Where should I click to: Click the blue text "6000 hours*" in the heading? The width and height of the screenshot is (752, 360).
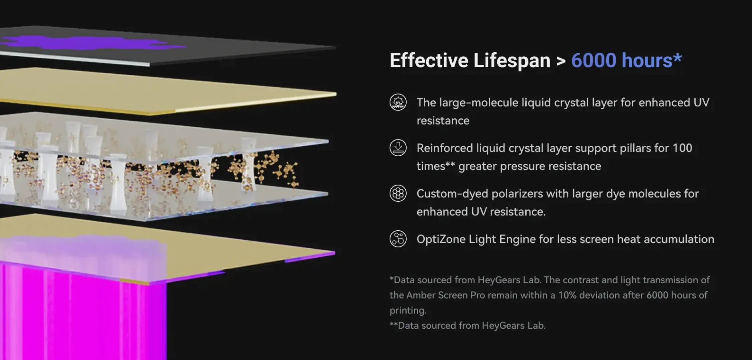coord(626,60)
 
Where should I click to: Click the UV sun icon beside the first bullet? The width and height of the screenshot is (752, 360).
coord(398,102)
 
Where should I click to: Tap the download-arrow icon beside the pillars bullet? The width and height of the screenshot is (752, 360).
coord(398,148)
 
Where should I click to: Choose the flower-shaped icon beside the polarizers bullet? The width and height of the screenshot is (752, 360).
coord(398,193)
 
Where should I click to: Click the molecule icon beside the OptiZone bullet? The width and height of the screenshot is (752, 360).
coord(398,239)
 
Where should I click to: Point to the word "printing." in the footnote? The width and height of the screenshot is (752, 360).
coord(408,311)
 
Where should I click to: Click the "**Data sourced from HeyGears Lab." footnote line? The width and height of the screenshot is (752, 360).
coord(467,326)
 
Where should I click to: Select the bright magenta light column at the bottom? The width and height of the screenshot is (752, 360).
coord(84,311)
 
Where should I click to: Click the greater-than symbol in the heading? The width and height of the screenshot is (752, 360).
coord(561,61)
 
